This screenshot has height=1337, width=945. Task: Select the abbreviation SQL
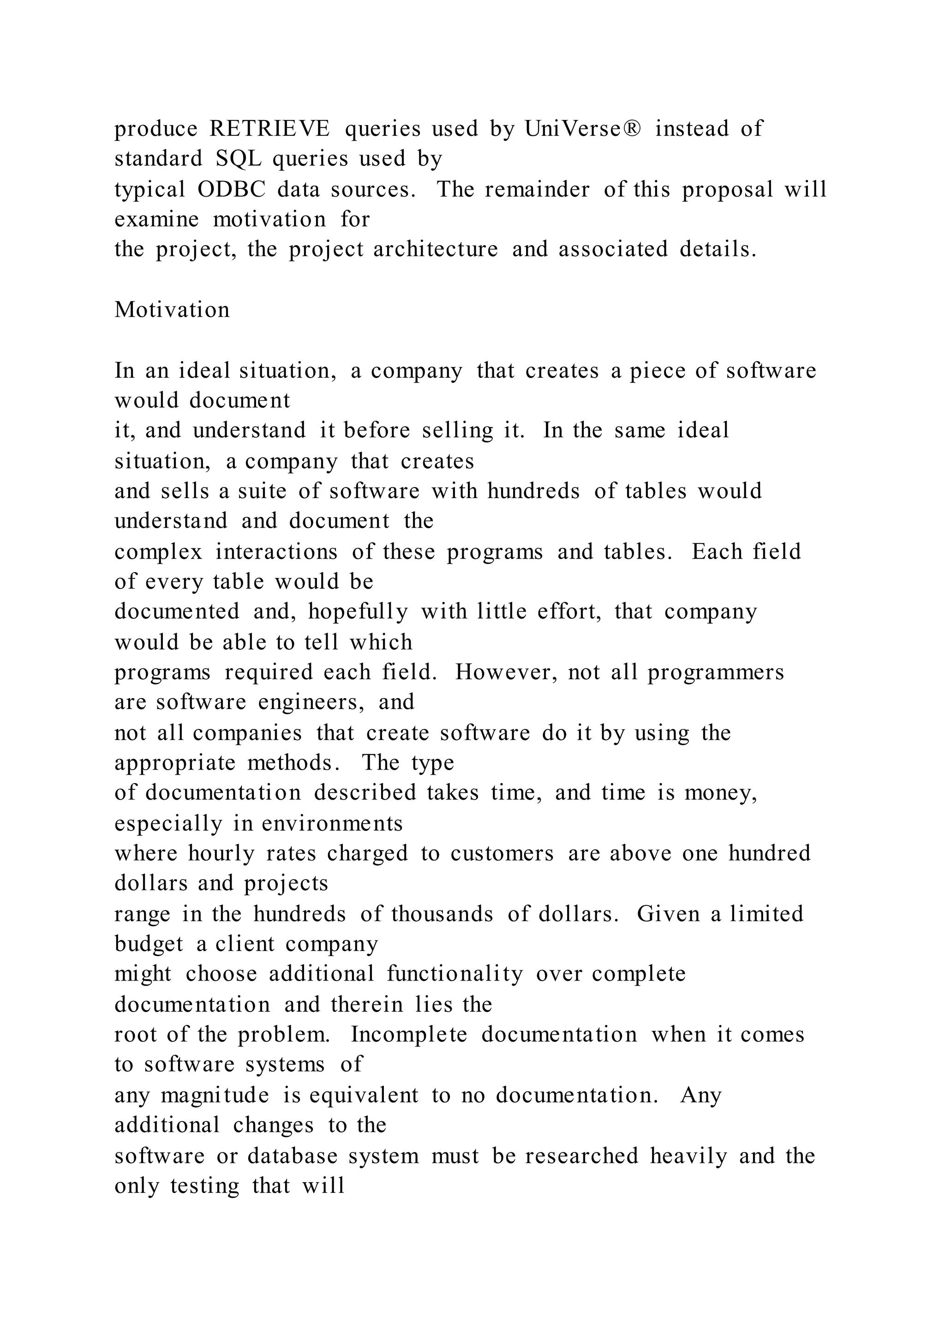[x=239, y=159]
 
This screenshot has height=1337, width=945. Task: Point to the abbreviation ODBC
[x=232, y=189]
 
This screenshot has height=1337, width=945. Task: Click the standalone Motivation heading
[x=172, y=310]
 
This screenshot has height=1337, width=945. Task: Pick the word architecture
[x=436, y=250]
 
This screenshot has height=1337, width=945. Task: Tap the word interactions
[x=276, y=551]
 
